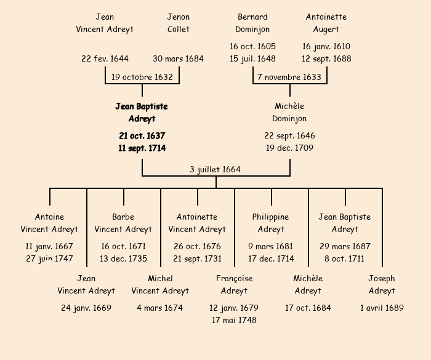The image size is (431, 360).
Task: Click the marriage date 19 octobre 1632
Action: pyautogui.click(x=142, y=77)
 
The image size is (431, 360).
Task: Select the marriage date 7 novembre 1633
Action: pyautogui.click(x=289, y=77)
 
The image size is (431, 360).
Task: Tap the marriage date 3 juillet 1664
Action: pyautogui.click(x=216, y=169)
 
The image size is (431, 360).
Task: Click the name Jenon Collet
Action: pyautogui.click(x=179, y=23)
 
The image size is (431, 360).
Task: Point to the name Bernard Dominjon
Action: pyautogui.click(x=252, y=23)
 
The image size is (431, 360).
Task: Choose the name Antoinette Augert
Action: pyautogui.click(x=326, y=23)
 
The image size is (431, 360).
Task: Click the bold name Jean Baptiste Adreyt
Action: pyautogui.click(x=142, y=113)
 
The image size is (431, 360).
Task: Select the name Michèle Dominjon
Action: pyautogui.click(x=289, y=113)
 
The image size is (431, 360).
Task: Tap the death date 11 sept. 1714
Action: pyautogui.click(x=142, y=148)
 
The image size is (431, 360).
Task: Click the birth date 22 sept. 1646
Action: pyautogui.click(x=289, y=135)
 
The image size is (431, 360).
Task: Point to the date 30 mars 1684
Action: pyautogui.click(x=179, y=59)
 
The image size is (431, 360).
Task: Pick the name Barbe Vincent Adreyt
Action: pyautogui.click(x=123, y=223)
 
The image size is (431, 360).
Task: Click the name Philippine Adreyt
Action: pyautogui.click(x=271, y=223)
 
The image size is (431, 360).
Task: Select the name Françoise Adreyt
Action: pyautogui.click(x=234, y=284)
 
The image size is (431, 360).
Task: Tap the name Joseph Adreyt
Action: pyautogui.click(x=382, y=284)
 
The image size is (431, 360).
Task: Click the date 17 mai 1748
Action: pyautogui.click(x=234, y=320)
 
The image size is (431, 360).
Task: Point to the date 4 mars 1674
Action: pyautogui.click(x=160, y=308)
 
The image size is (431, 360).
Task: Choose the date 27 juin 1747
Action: pyautogui.click(x=49, y=258)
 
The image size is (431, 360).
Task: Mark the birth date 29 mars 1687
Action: pyautogui.click(x=345, y=246)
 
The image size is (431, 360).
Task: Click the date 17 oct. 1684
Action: pyautogui.click(x=308, y=308)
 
